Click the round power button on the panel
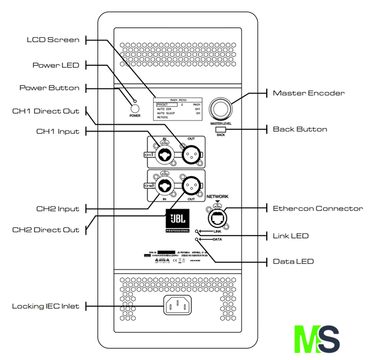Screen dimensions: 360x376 (135, 109)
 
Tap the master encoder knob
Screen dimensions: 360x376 (221, 109)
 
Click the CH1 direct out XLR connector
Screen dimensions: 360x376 (191, 152)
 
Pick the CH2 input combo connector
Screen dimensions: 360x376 (165, 185)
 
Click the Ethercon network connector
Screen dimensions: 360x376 (218, 216)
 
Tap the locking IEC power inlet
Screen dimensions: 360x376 (177, 305)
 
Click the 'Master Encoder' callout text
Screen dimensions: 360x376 (308, 93)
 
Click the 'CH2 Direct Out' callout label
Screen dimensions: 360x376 (46, 229)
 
